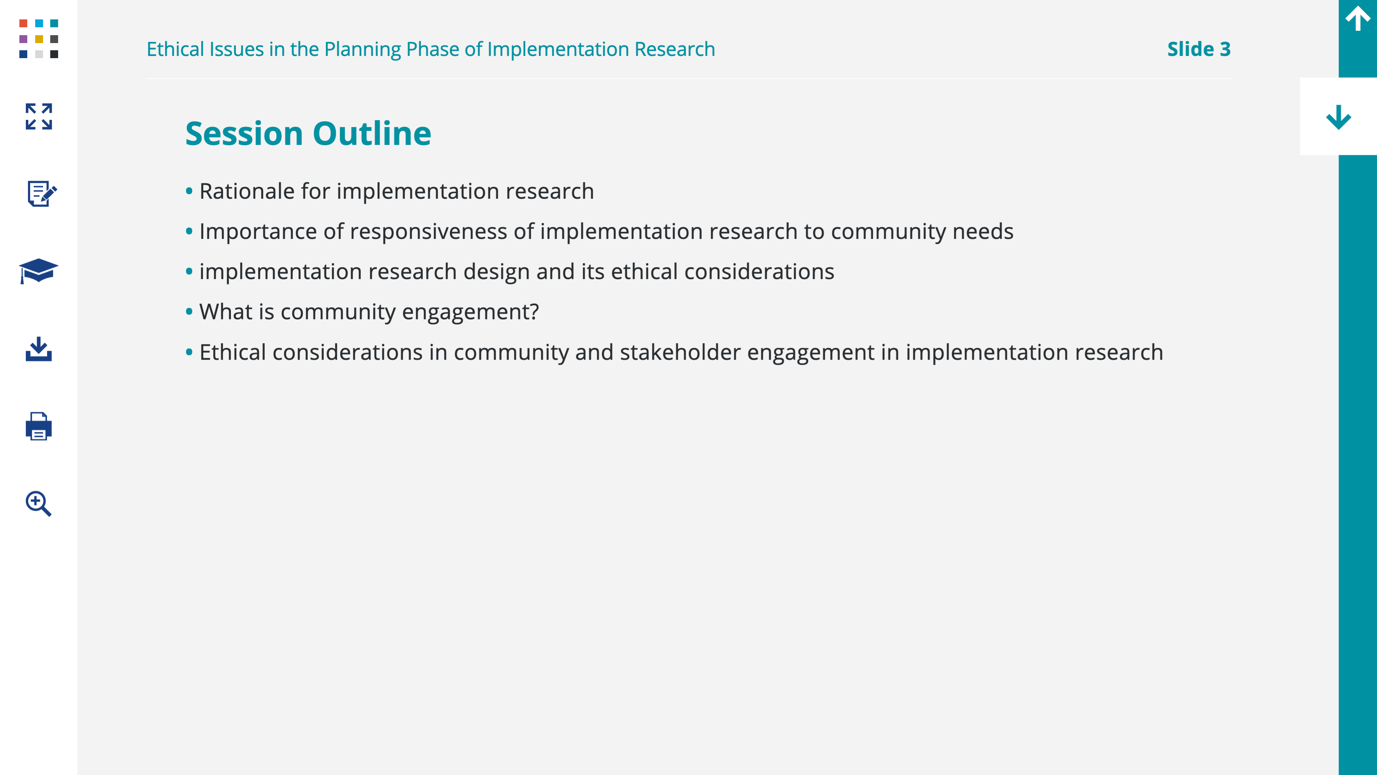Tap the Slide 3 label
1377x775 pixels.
(1198, 49)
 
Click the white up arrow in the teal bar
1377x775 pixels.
(1358, 19)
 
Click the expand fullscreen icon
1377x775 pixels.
(38, 117)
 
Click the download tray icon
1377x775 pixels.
(38, 349)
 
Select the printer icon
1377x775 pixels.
(38, 426)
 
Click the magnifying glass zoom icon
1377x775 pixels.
(38, 504)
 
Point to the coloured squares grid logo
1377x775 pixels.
(38, 38)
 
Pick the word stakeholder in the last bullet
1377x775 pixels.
(680, 352)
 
